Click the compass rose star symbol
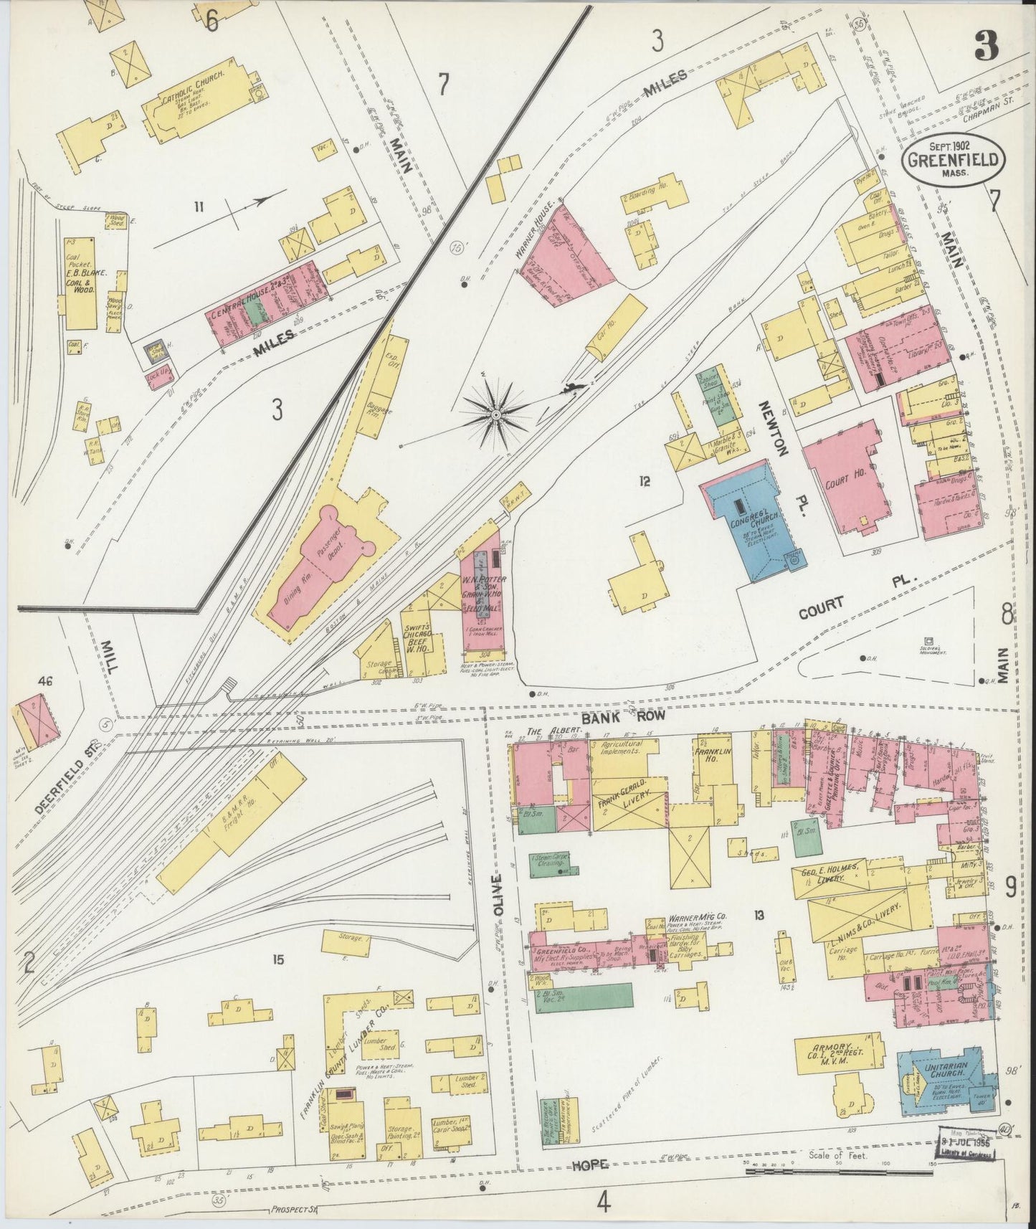pos(495,414)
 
